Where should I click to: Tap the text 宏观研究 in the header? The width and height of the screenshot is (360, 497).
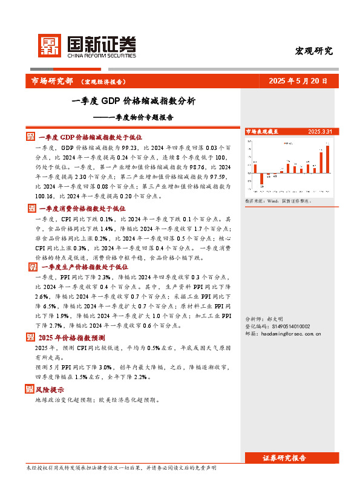pos(313,51)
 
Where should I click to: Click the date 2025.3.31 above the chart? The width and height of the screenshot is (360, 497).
pos(319,131)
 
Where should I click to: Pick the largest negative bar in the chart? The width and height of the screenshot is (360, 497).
pos(262,179)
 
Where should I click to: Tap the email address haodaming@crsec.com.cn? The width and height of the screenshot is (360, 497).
pos(288,333)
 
